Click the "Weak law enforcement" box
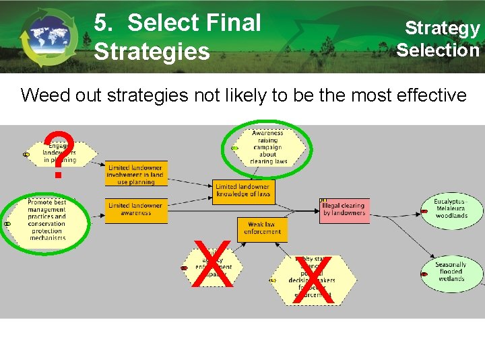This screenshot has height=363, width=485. tap(262, 229)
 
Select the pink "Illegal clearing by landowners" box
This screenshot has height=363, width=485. tap(344, 210)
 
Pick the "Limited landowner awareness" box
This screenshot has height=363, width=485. tap(135, 210)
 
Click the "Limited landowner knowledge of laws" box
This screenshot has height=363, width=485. tap(243, 191)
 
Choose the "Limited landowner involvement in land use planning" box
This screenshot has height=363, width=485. tap(135, 173)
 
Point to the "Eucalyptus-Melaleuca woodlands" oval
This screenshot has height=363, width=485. tap(451, 208)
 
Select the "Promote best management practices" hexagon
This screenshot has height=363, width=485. tap(47, 219)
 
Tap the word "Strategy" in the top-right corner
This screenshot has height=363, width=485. tap(442, 28)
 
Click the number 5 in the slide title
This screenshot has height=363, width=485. tap(102, 24)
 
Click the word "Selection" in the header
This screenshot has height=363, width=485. tap(438, 50)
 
